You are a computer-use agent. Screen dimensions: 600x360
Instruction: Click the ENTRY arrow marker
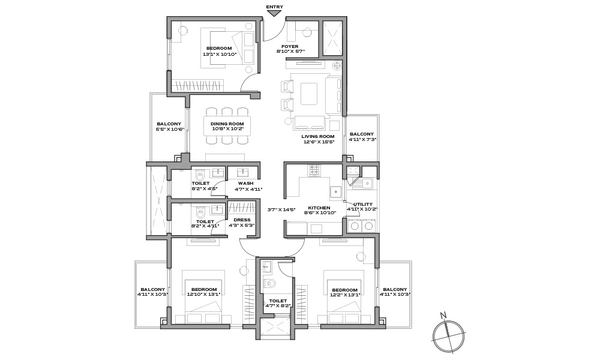274,13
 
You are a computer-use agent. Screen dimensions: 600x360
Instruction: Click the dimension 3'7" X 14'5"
281,209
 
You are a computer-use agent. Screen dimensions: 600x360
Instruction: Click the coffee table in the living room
309,94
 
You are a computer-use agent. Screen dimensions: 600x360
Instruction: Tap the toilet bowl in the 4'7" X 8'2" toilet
270,283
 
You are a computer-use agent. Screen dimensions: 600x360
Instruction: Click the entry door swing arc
276,34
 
